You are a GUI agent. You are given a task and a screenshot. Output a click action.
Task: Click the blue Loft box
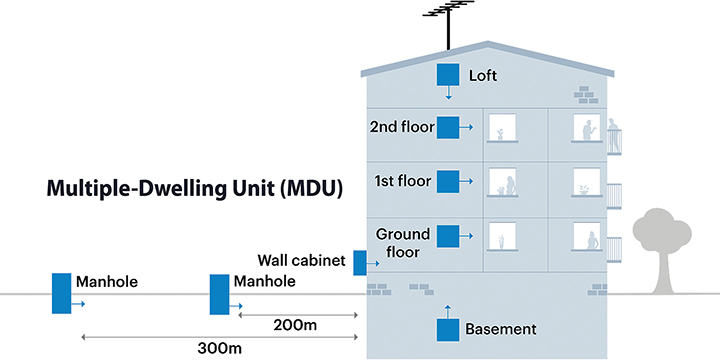(x=447, y=75)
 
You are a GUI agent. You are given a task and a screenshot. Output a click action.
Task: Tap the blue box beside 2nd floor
(x=447, y=127)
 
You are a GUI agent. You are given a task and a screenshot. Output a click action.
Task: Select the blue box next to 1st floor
(x=447, y=181)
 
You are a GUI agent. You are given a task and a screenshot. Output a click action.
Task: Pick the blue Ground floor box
(x=447, y=236)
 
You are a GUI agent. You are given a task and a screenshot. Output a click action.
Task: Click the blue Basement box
(x=447, y=328)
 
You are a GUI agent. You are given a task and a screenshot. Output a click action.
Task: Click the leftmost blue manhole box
(x=62, y=292)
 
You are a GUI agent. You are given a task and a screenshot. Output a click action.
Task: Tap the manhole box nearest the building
(x=219, y=292)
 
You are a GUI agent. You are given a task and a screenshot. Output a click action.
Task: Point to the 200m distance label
(x=295, y=326)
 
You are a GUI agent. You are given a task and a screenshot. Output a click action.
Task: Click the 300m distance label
(x=220, y=348)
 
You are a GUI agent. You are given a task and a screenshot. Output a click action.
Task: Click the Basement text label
(x=501, y=329)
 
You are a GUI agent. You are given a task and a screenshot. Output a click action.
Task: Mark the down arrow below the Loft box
(x=448, y=95)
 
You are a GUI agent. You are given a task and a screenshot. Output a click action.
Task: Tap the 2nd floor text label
(x=398, y=127)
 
